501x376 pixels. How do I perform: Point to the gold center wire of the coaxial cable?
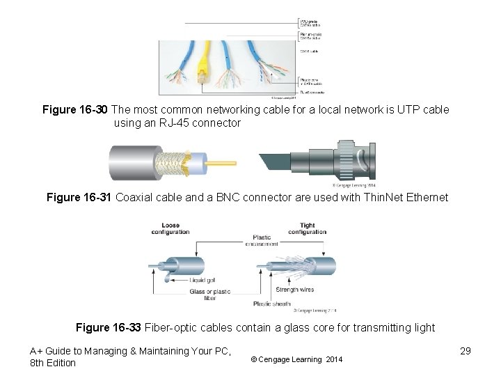coord(223,166)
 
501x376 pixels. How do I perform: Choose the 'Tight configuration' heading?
coord(312,229)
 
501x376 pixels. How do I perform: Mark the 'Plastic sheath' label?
coord(272,304)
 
